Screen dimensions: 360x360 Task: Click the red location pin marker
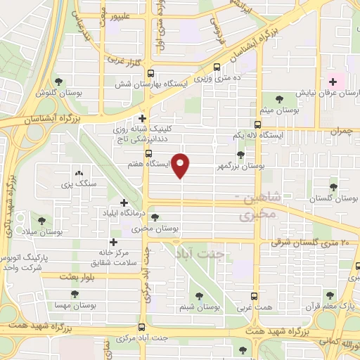point(181,165)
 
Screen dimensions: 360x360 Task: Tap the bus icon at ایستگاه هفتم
point(148,153)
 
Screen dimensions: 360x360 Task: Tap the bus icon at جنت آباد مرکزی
point(143,327)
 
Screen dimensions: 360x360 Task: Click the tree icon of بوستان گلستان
point(333,187)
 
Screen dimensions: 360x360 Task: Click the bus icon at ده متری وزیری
point(217,67)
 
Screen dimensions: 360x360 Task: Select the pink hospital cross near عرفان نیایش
point(333,82)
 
